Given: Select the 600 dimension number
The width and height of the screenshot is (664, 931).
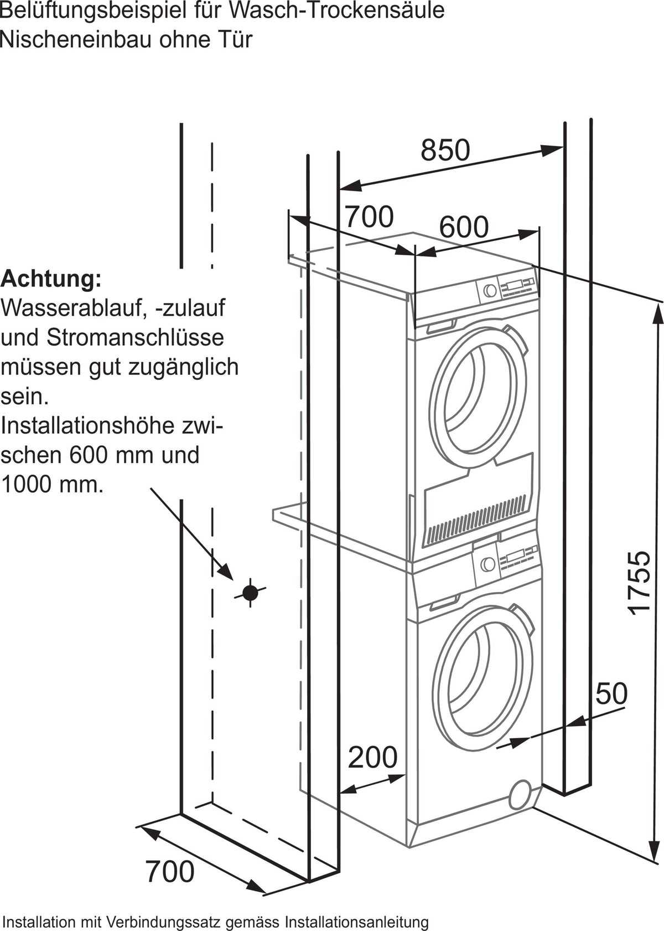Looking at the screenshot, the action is pyautogui.click(x=464, y=227).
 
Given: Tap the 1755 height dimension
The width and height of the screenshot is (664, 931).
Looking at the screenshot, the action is pyautogui.click(x=637, y=583).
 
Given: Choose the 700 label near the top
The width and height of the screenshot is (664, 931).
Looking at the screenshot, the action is pyautogui.click(x=369, y=217).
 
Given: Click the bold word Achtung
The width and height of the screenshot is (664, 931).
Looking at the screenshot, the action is pyautogui.click(x=51, y=279).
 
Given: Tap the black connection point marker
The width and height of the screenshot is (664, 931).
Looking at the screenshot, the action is pyautogui.click(x=250, y=593).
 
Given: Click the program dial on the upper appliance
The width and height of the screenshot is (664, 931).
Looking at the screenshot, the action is pyautogui.click(x=490, y=290).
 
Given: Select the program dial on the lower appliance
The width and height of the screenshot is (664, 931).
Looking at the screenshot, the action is pyautogui.click(x=487, y=564).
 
